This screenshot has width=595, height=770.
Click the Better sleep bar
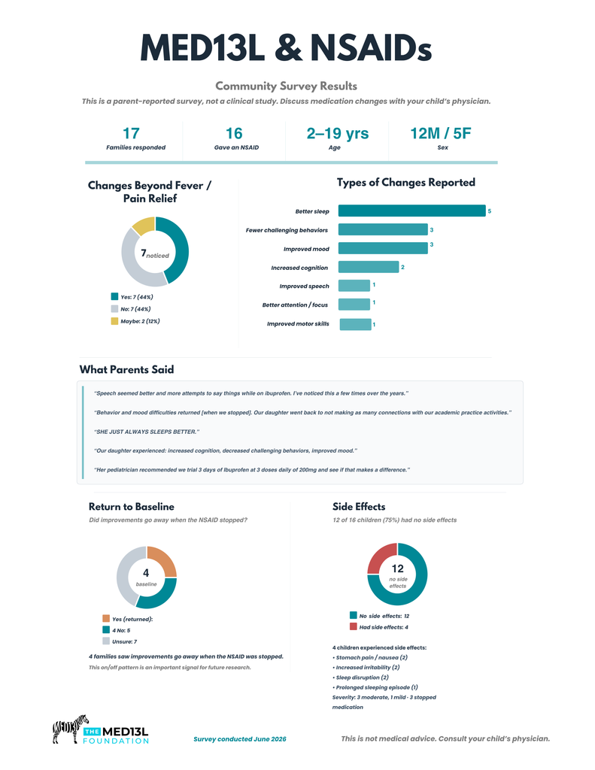411,211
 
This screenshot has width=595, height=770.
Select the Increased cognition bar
369,267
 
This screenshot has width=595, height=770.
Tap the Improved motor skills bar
355,324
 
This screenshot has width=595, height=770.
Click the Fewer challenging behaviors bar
383,229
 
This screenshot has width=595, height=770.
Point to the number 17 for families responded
131,133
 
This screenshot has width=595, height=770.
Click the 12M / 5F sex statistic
441,133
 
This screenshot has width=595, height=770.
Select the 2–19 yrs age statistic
338,133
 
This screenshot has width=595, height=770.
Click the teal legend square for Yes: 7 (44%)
114,296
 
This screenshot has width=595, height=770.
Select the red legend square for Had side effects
354,626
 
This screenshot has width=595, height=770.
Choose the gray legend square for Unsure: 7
106,641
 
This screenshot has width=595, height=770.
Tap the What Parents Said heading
127,369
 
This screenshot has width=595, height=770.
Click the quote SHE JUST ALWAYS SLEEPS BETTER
147,432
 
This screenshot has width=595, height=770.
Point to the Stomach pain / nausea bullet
370,657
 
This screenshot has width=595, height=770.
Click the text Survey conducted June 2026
240,739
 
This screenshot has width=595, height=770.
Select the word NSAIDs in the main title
371,49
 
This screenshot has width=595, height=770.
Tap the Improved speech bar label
304,286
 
